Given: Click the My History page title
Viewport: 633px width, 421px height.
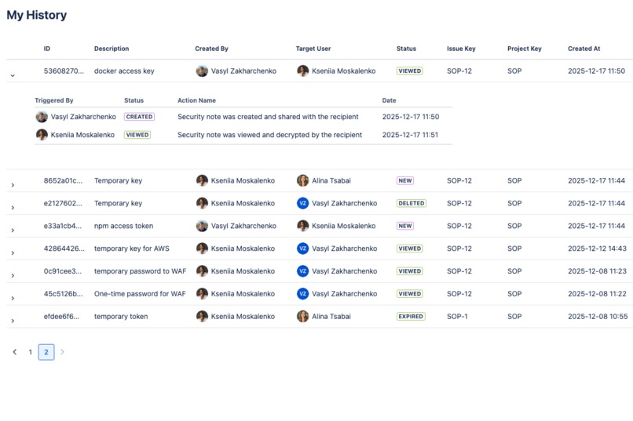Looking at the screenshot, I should coord(37,15).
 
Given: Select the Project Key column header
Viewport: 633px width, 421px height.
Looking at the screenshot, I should coord(524,49).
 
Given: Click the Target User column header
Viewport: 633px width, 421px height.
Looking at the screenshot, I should coord(313,49).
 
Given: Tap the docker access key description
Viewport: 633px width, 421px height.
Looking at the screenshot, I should coord(124,71).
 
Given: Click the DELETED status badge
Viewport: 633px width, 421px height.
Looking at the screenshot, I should coord(411,203).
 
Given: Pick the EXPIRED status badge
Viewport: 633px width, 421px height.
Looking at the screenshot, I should coord(411,317).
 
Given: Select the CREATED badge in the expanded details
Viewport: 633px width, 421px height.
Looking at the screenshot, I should coord(139,117).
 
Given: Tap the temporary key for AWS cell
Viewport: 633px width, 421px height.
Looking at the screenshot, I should coord(131,249).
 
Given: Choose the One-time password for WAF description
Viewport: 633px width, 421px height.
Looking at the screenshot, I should coord(140,294).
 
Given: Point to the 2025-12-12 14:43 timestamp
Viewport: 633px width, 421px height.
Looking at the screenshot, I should coord(597,249).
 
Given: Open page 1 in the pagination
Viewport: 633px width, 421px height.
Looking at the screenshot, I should coord(31,352).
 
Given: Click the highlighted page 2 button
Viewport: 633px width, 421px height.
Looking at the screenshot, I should coord(46,352).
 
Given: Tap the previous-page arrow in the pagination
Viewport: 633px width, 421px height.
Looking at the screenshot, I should coord(14,352).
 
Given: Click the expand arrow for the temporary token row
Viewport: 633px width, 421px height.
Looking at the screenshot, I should coord(13,321).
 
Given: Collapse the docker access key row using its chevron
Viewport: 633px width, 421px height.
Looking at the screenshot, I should coord(13,75).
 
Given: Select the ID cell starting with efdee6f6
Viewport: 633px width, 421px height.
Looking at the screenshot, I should coord(61,317).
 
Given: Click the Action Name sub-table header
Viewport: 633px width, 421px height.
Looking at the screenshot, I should coord(196,100).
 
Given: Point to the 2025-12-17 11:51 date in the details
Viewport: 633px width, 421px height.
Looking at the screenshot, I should coord(410,135).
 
